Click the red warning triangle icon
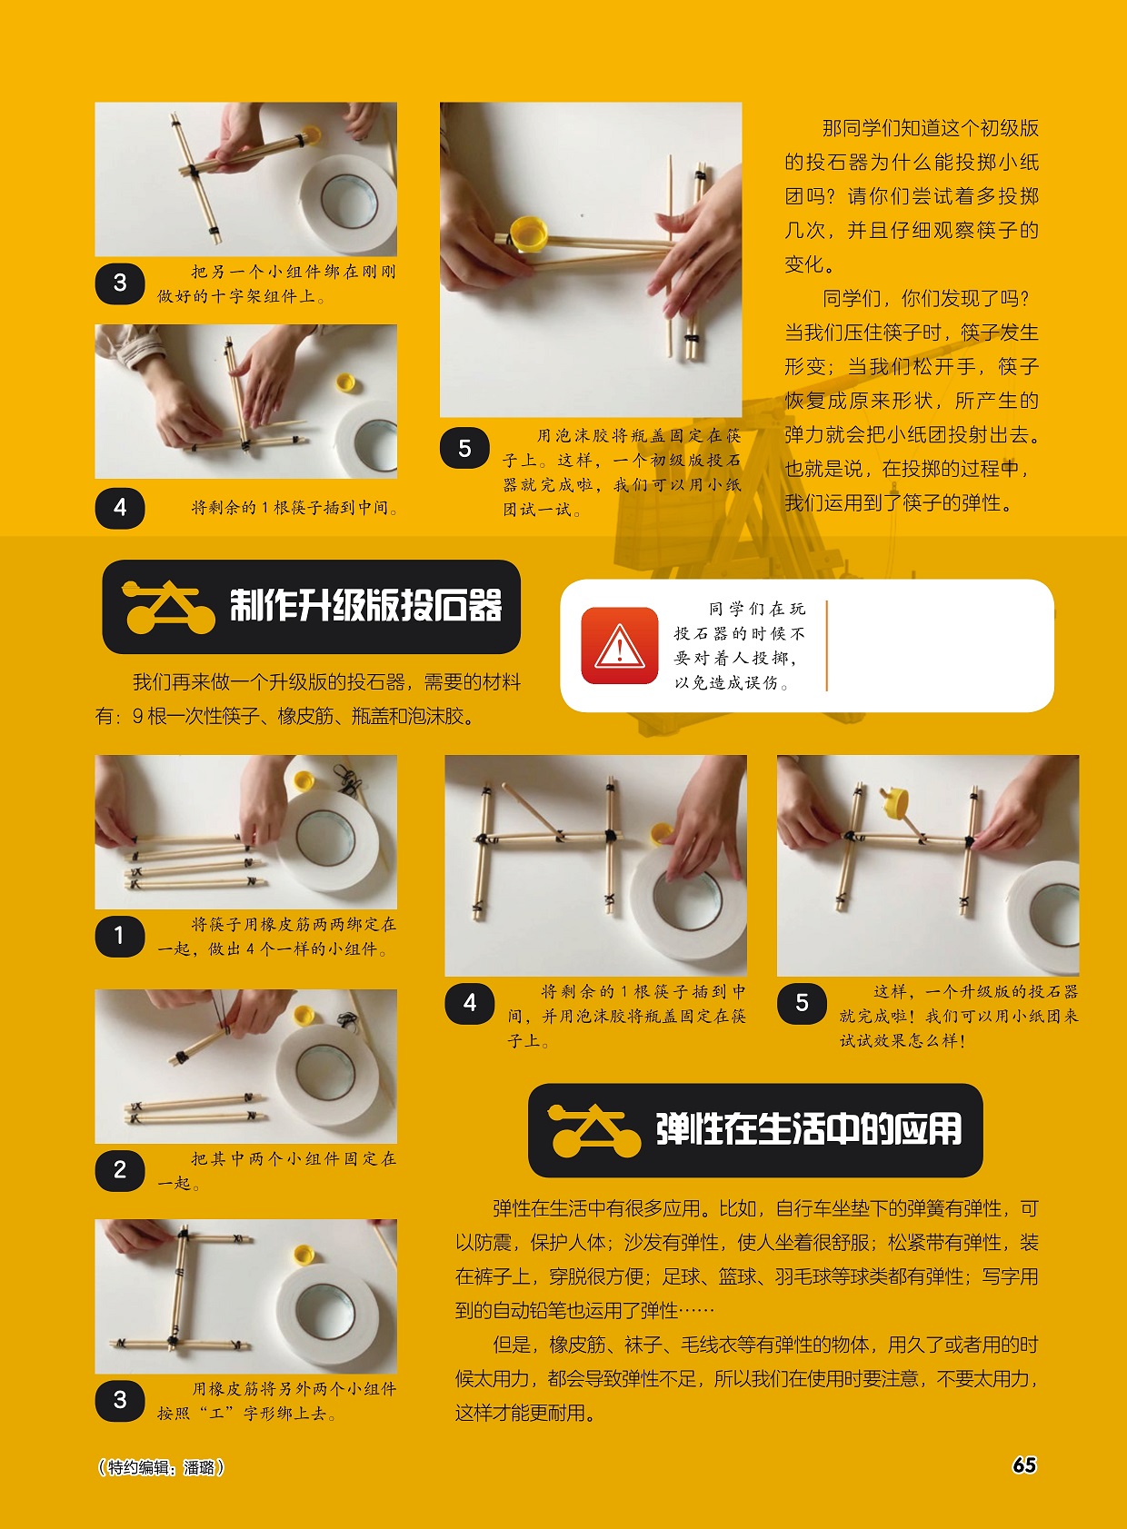tap(619, 646)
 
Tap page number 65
tap(1024, 1464)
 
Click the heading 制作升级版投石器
tap(365, 606)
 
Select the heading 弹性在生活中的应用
tap(808, 1129)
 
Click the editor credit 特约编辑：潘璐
tap(160, 1467)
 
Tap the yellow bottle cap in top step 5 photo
tap(527, 233)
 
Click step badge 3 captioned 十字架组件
tap(120, 283)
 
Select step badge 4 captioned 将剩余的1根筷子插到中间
tap(120, 508)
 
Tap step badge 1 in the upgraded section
tap(120, 936)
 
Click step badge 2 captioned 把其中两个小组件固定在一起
tap(120, 1170)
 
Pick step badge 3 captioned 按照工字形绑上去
tap(120, 1400)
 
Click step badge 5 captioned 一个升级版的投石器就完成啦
tap(802, 1003)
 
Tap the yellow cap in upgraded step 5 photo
tap(894, 803)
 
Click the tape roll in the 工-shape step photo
tap(325, 1309)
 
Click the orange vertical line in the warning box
tap(827, 645)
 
